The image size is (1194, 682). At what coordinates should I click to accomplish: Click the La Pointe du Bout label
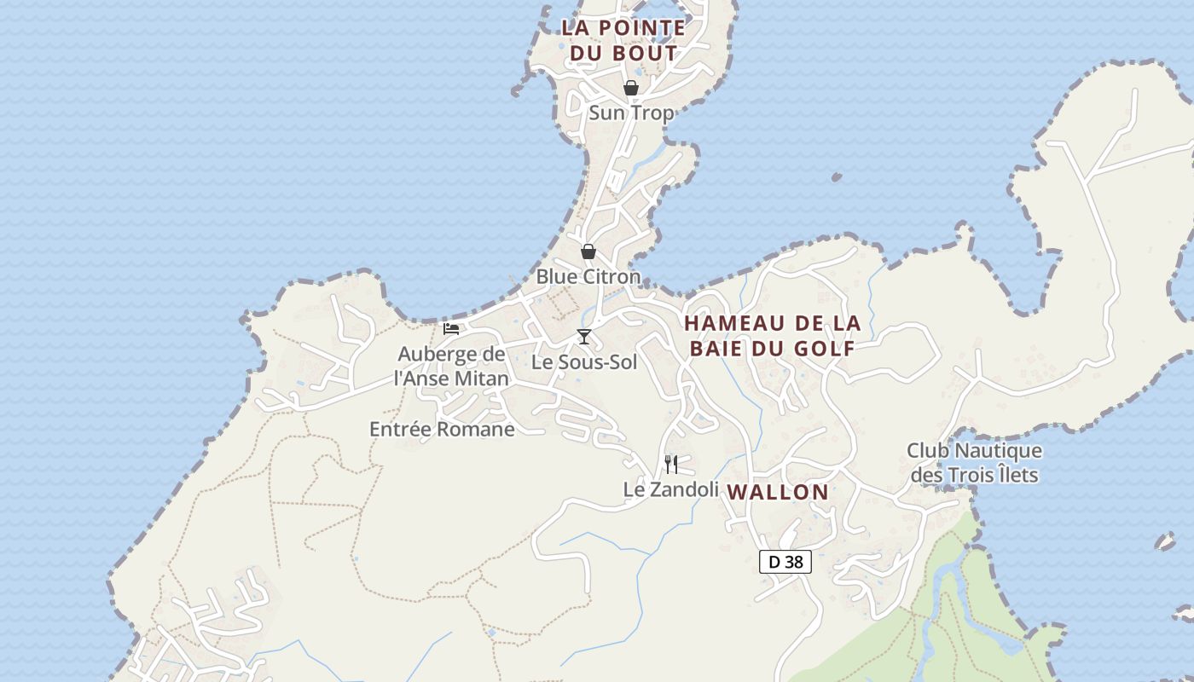point(623,40)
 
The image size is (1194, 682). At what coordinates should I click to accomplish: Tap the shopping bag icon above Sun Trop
point(630,88)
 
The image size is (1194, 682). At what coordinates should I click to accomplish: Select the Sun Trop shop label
point(631,113)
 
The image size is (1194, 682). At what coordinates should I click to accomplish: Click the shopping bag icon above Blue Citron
point(588,251)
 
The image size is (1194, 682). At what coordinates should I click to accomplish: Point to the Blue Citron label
point(588,276)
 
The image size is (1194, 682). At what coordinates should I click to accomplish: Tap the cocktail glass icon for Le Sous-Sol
point(583,337)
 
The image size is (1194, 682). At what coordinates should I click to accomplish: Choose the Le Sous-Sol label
point(584,361)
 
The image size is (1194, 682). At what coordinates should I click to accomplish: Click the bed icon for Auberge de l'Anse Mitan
point(451,329)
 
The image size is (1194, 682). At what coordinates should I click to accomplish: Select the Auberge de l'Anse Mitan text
point(451,366)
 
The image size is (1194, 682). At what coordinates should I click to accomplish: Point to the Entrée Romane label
point(442,429)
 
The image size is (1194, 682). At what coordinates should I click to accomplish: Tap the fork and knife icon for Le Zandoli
point(671,465)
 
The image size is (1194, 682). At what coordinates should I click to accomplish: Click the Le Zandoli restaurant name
point(671,489)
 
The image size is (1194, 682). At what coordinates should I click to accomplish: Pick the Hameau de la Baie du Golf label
point(772,335)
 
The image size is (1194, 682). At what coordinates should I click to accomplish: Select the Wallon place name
point(778,492)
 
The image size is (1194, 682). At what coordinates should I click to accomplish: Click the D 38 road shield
point(785,562)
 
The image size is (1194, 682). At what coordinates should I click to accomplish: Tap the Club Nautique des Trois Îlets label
point(974,462)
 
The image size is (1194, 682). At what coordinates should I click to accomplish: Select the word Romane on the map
point(478,429)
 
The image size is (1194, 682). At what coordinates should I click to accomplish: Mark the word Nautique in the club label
point(998,450)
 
